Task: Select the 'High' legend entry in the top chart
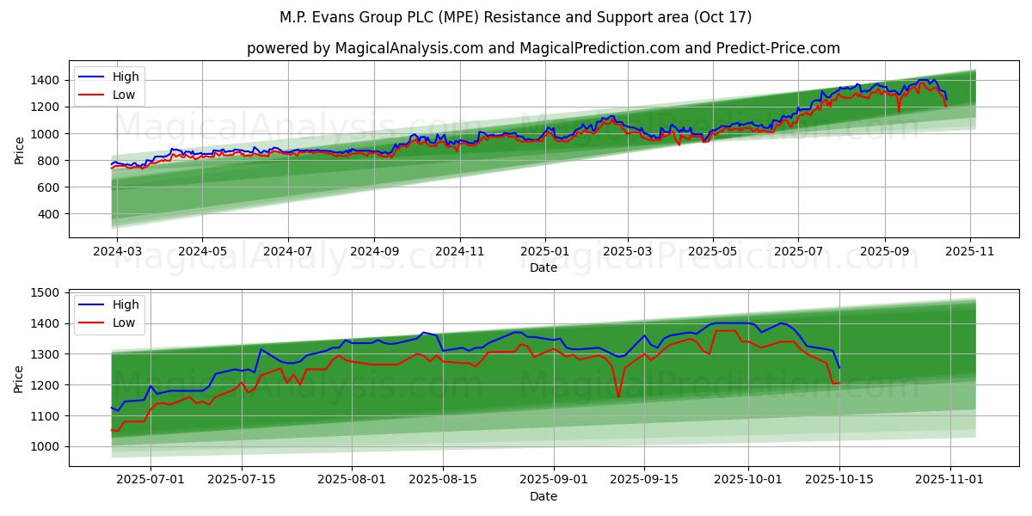(x=126, y=77)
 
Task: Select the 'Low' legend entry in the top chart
(x=124, y=95)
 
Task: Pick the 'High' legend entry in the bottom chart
(x=126, y=304)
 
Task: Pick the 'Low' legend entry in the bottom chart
(x=124, y=322)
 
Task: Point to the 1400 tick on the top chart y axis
(x=48, y=80)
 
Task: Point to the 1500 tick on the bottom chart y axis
(x=48, y=292)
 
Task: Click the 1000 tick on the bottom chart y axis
(x=48, y=446)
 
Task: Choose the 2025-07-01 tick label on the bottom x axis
(x=150, y=478)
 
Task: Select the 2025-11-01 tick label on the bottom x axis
(x=950, y=478)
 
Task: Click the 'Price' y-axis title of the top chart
(x=20, y=150)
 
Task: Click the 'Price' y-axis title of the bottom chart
(x=20, y=378)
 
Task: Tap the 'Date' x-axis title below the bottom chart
(x=544, y=496)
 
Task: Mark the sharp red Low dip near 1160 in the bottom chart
(x=618, y=396)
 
